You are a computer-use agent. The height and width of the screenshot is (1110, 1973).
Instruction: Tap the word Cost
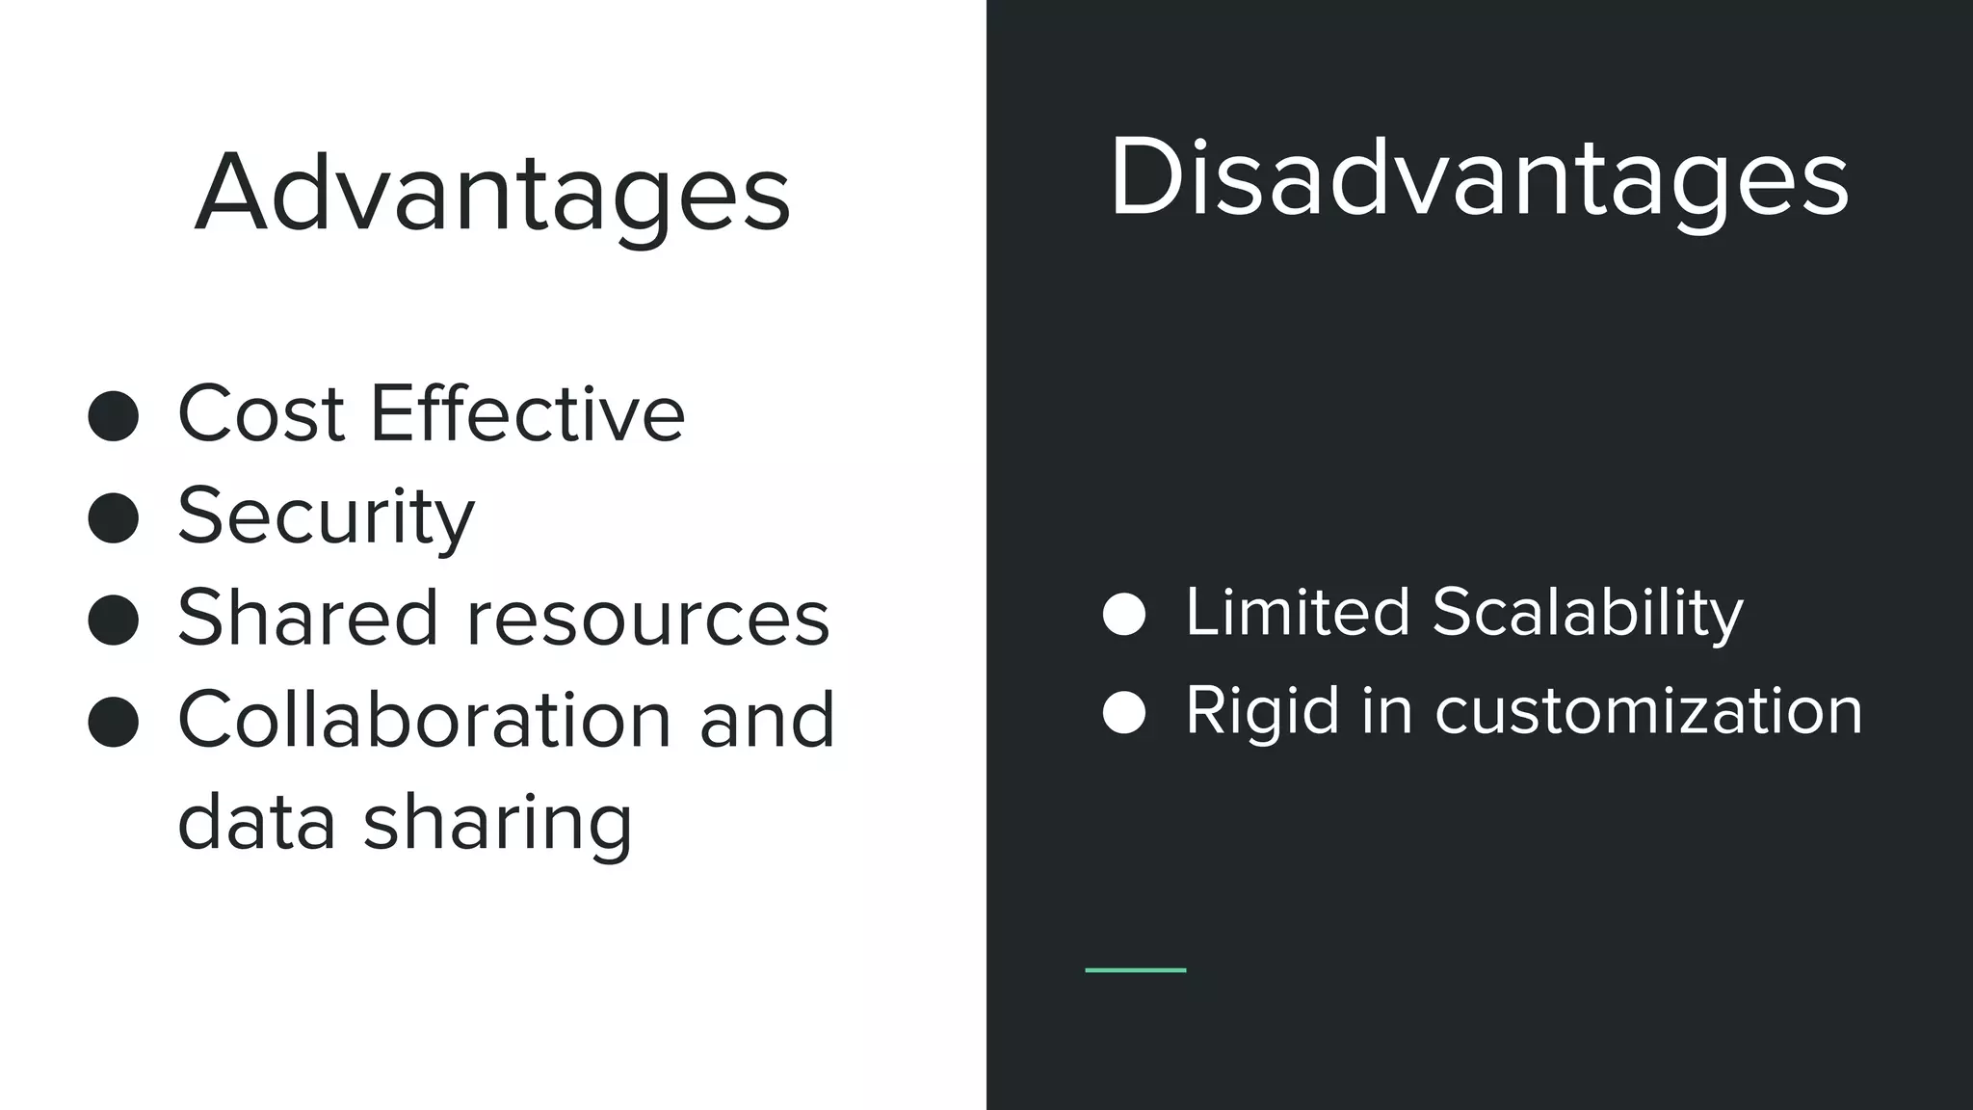point(261,414)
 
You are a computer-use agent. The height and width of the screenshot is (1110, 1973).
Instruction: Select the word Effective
point(527,414)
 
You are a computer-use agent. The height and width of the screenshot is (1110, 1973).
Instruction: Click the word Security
point(326,517)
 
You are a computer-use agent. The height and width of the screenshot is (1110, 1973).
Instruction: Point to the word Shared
point(307,618)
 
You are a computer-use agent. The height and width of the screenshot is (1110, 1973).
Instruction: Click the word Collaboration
point(425,720)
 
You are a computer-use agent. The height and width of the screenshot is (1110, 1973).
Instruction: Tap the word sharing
point(498,824)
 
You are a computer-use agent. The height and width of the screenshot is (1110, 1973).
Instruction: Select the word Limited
point(1297,612)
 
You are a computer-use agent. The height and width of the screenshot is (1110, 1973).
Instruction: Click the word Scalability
point(1588,614)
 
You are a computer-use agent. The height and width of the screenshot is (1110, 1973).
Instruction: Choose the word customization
point(1648,712)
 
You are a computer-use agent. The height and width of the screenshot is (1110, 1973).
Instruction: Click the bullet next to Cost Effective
point(114,416)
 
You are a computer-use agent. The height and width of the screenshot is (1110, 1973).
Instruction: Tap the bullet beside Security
point(114,518)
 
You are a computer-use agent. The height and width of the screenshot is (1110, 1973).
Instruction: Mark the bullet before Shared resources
point(114,620)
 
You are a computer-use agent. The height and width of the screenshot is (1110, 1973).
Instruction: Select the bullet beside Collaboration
point(114,722)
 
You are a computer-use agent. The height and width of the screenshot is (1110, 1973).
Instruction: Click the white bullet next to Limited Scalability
point(1123,614)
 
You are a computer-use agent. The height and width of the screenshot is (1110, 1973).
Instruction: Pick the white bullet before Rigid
point(1123,713)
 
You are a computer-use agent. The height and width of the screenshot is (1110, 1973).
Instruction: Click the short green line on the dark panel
point(1135,970)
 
